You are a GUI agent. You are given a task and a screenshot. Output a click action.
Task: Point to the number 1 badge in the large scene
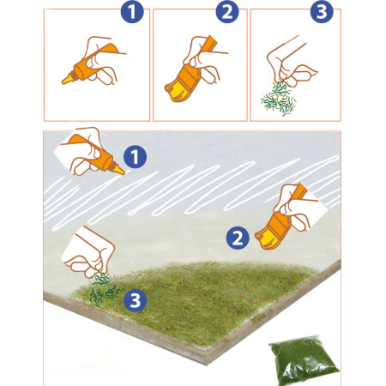coord(134,156)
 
